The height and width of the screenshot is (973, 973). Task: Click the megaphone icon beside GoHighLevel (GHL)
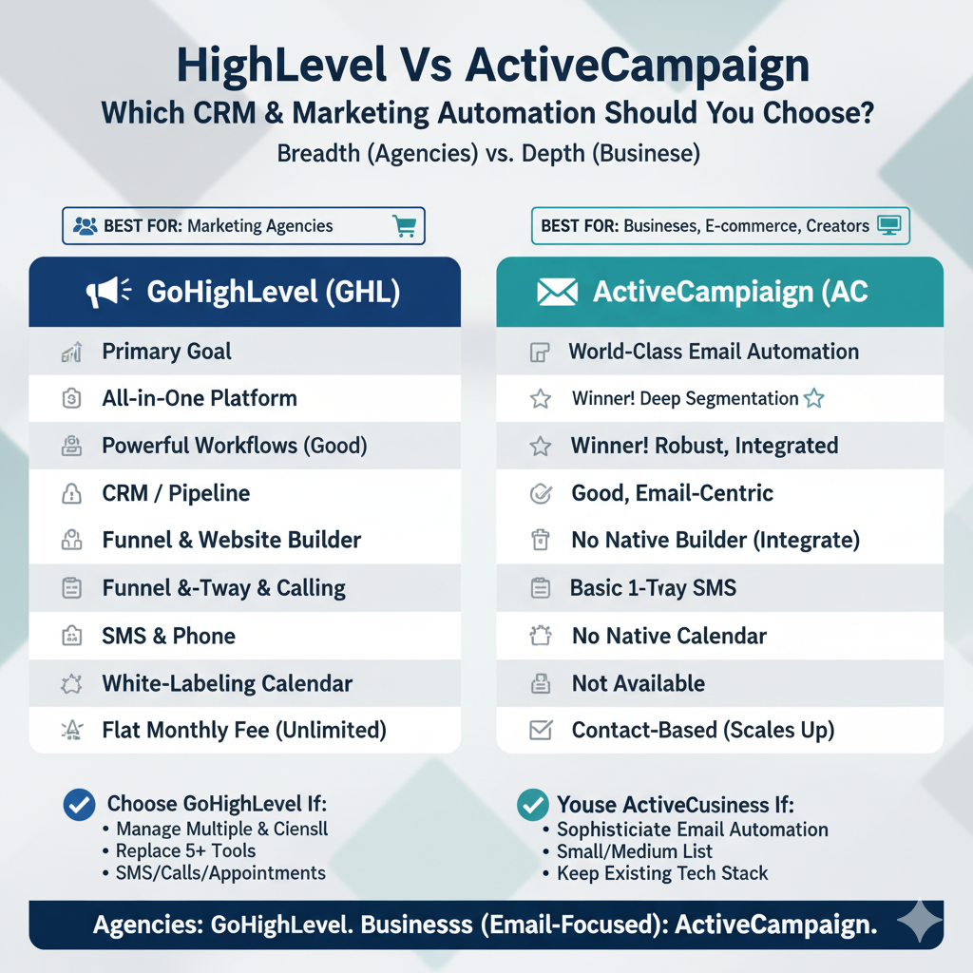[105, 293]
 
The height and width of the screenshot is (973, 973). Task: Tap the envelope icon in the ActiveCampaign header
[557, 293]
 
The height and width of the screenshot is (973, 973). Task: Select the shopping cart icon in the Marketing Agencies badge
[404, 226]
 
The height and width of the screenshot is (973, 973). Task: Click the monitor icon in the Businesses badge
[889, 226]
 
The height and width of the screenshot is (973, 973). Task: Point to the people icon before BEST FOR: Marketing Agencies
[84, 226]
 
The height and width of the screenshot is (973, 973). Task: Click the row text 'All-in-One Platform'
[200, 398]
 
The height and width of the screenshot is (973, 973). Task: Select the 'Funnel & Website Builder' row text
[232, 541]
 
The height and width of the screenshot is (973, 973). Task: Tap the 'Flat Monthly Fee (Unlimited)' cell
[244, 731]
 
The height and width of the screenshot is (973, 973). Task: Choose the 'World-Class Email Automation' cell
[714, 352]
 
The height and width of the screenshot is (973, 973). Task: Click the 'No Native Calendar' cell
[669, 636]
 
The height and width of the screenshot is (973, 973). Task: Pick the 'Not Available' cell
[639, 683]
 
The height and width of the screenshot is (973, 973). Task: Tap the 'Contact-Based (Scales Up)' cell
[703, 731]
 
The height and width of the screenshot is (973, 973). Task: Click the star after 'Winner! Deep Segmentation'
[814, 399]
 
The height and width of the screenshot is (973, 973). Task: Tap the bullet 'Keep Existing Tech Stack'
[662, 873]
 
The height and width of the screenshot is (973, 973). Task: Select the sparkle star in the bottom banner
[919, 923]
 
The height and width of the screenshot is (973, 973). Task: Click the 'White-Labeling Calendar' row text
[227, 683]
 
